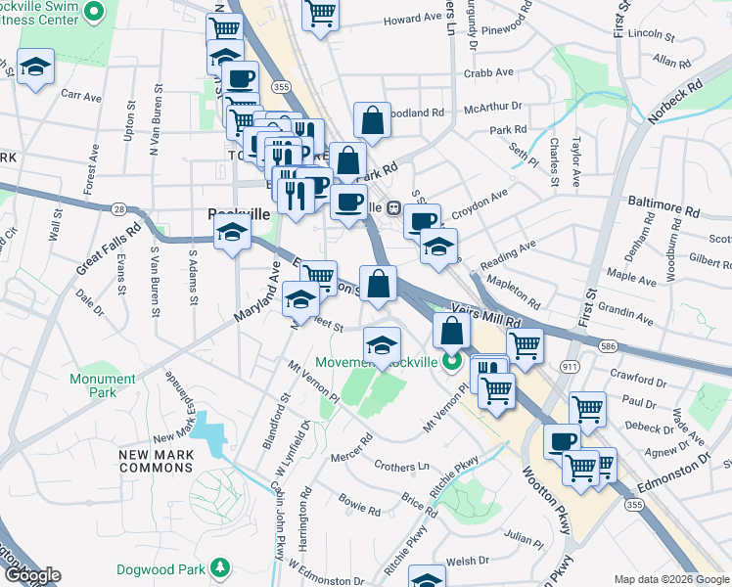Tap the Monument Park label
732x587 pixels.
point(103,385)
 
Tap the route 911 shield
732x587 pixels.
point(570,364)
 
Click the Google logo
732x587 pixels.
point(31,575)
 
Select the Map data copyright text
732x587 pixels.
point(671,579)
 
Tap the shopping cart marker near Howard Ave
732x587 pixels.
point(320,14)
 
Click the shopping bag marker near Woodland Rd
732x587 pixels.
point(372,121)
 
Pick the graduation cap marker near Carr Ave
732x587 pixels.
point(36,67)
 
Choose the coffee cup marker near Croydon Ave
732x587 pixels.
point(423,220)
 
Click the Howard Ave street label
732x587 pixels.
point(412,19)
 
